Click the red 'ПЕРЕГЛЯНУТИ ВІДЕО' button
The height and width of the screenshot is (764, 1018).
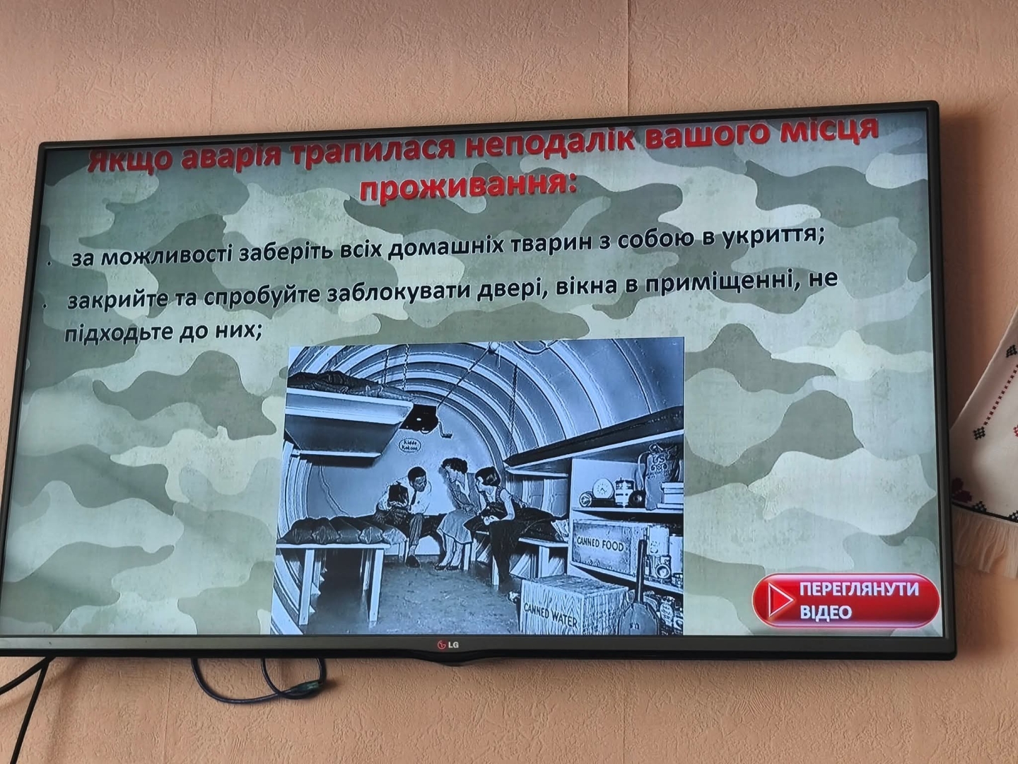847,601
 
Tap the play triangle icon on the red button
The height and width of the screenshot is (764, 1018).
779,601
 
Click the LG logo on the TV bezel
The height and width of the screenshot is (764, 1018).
445,645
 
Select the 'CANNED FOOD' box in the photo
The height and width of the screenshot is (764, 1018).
601,545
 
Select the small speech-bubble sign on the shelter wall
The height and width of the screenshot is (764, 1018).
409,446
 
